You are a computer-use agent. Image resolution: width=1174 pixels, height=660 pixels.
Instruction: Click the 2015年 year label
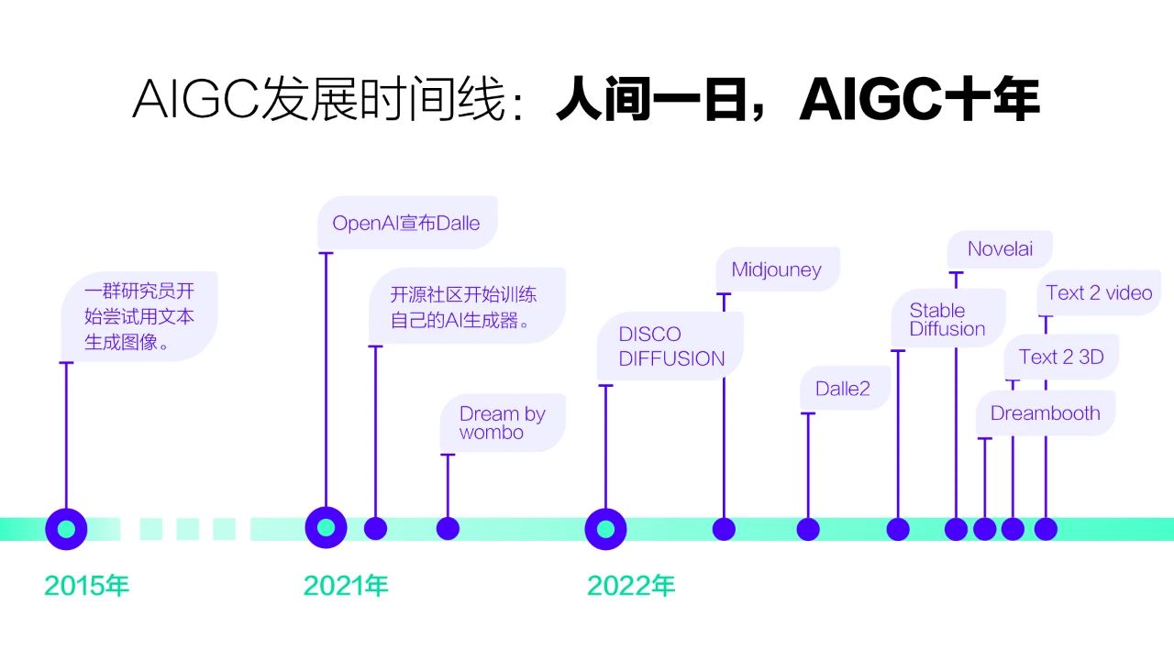[x=86, y=586]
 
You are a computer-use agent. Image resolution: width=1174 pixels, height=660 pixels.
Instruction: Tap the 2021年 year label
[x=346, y=586]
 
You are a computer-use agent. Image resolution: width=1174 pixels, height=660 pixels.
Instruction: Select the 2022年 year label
[x=631, y=586]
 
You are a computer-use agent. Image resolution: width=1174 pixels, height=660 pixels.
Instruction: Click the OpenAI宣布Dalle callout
[x=407, y=223]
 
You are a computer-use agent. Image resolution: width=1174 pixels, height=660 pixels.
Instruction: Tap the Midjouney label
[x=777, y=269]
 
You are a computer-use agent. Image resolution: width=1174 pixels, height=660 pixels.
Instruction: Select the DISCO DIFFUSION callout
[x=670, y=346]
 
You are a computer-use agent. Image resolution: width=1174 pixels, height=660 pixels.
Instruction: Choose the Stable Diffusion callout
[x=947, y=319]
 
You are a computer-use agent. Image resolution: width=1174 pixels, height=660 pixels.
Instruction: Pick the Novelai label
[x=1000, y=248]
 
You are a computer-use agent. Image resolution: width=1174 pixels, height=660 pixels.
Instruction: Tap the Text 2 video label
[x=1099, y=292]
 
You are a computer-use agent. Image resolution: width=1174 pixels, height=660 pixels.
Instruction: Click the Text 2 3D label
[x=1061, y=357]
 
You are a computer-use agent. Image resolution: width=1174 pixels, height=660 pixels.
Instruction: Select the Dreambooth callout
[x=1045, y=413]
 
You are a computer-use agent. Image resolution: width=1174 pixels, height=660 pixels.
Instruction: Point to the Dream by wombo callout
[x=503, y=423]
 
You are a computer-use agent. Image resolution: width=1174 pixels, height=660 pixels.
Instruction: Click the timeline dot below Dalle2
[x=808, y=529]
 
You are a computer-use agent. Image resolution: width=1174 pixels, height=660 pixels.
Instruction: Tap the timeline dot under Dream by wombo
[x=448, y=529]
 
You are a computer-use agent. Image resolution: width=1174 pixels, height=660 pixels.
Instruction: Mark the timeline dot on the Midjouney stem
[x=724, y=529]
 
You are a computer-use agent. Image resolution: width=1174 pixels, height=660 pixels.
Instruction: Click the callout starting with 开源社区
[x=467, y=306]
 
